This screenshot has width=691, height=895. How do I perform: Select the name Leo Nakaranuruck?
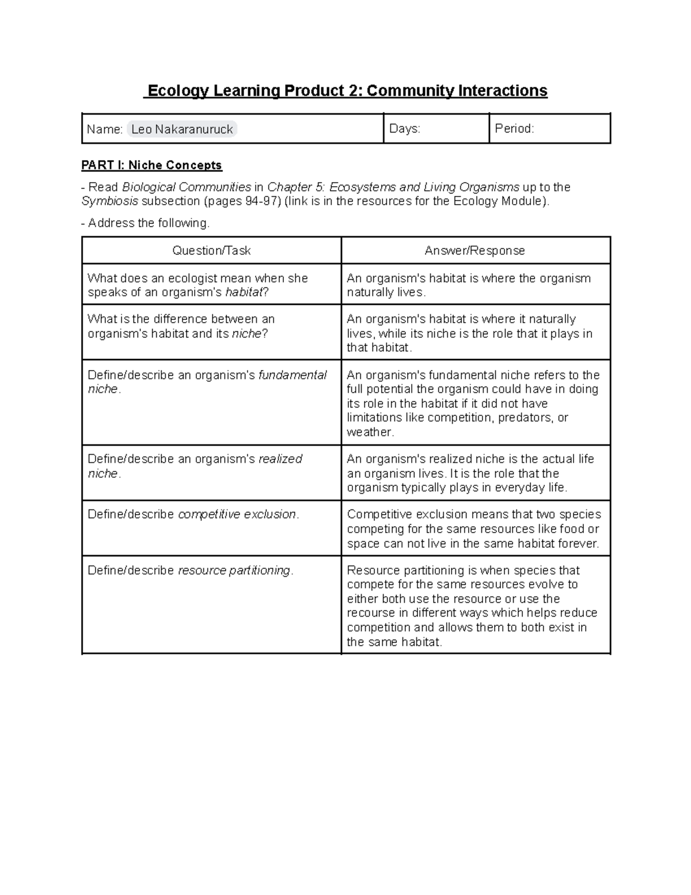click(182, 129)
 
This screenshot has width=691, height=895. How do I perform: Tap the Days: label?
click(405, 129)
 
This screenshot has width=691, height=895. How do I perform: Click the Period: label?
click(514, 129)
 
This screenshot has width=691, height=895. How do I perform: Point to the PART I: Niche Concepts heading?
click(151, 165)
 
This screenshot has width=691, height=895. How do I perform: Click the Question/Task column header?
click(211, 251)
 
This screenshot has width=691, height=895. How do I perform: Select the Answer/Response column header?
click(474, 251)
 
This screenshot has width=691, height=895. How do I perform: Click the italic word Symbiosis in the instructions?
click(109, 201)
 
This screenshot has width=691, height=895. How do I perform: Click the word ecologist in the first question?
click(195, 278)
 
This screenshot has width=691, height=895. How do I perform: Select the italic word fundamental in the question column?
click(293, 375)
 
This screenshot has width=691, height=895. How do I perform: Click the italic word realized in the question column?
click(280, 459)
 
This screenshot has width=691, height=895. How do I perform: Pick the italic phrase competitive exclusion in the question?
click(237, 515)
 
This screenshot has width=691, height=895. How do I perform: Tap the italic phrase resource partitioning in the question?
click(234, 571)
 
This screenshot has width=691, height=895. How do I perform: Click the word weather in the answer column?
click(369, 432)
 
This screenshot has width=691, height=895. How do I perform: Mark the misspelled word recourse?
click(371, 613)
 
